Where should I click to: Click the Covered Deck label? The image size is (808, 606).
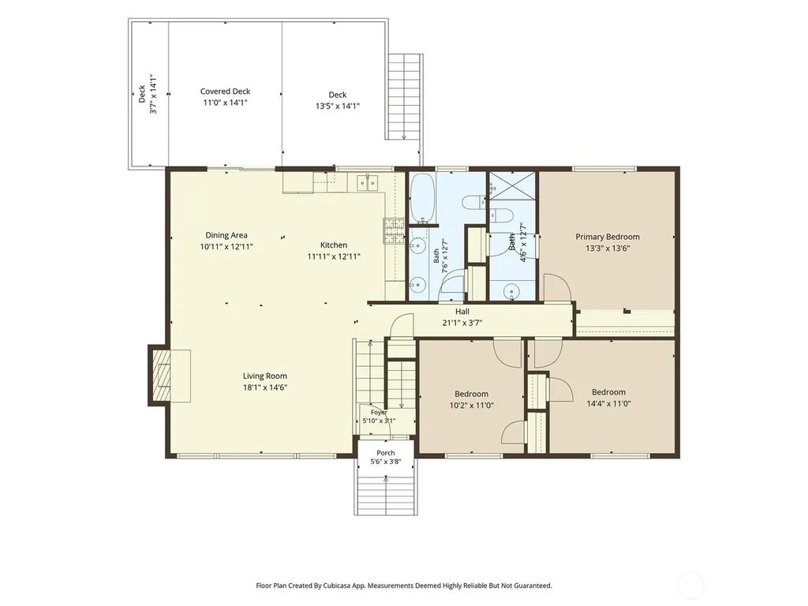click(x=225, y=92)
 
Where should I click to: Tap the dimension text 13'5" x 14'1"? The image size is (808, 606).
click(x=338, y=107)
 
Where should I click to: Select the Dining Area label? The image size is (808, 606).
click(x=226, y=235)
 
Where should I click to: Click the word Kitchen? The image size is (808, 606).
click(x=334, y=245)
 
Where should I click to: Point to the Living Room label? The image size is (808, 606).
click(x=265, y=376)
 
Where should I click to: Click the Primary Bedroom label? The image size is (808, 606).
click(x=608, y=237)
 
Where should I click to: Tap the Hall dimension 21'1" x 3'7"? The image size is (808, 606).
click(x=462, y=323)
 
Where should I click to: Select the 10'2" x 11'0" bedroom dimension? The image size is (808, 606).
click(x=472, y=405)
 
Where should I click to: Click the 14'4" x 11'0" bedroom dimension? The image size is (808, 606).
click(x=608, y=403)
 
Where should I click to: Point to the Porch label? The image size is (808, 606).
click(x=385, y=452)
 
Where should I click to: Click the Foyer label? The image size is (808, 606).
click(x=379, y=412)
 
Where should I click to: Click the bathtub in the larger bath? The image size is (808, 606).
click(x=423, y=197)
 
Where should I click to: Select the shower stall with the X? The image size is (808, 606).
click(x=513, y=185)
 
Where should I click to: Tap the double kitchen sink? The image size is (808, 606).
click(x=368, y=182)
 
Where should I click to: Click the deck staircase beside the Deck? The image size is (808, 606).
click(x=405, y=97)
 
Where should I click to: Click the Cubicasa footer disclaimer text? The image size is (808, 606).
click(x=403, y=585)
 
